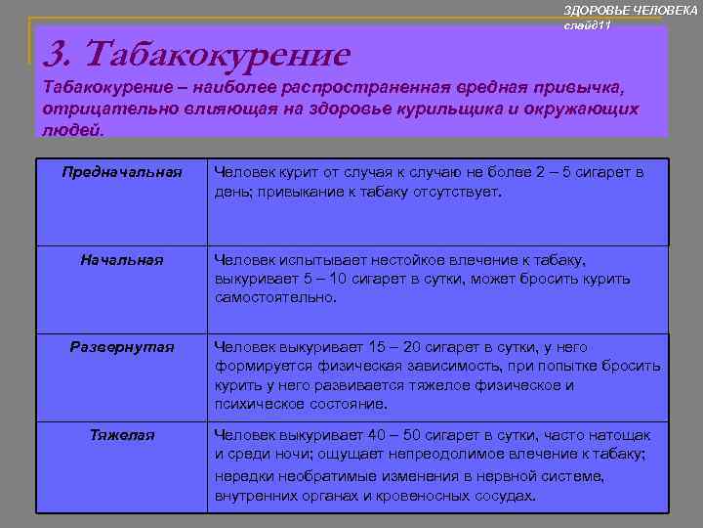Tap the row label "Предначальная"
(x=122, y=172)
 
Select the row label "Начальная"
(x=122, y=260)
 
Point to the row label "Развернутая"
(x=122, y=346)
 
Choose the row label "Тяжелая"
(x=122, y=434)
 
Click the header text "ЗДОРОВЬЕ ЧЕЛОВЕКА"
(x=631, y=9)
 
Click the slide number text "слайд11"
(x=587, y=24)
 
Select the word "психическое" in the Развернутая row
(x=255, y=404)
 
